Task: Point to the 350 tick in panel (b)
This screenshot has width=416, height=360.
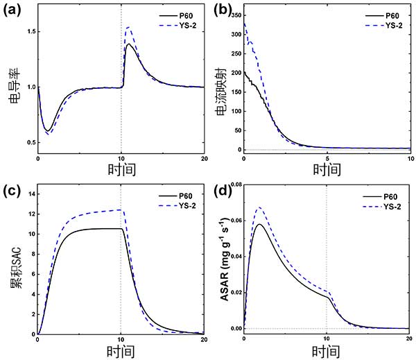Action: coord(232,15)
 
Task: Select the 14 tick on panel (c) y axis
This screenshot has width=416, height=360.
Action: coord(28,193)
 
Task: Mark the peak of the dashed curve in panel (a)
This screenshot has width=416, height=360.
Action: coord(128,27)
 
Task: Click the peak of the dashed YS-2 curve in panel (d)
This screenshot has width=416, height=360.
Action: coord(260,207)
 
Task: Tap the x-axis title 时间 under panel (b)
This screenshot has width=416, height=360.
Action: coord(326,170)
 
